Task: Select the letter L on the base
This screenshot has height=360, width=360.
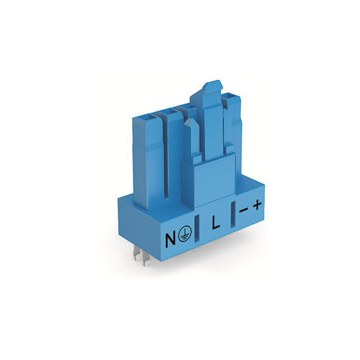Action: pos(215,223)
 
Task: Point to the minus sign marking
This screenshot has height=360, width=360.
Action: pos(243,209)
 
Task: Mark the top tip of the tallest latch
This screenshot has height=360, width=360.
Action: pos(206,83)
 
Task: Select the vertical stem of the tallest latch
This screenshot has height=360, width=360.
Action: pos(211,129)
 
